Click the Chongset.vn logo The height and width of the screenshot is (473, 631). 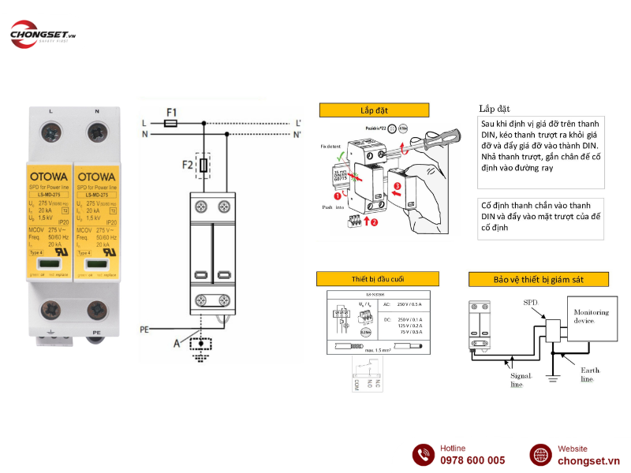(43, 35)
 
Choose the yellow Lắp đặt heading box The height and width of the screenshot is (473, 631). (374, 110)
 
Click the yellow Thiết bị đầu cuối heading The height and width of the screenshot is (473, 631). (377, 279)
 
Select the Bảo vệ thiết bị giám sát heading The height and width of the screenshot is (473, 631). (539, 280)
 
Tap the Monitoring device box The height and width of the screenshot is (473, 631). (592, 318)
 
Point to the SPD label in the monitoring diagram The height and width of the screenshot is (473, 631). (532, 302)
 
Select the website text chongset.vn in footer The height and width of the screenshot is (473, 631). (588, 460)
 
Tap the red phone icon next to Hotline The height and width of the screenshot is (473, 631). (424, 455)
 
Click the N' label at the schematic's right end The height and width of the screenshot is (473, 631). (298, 135)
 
